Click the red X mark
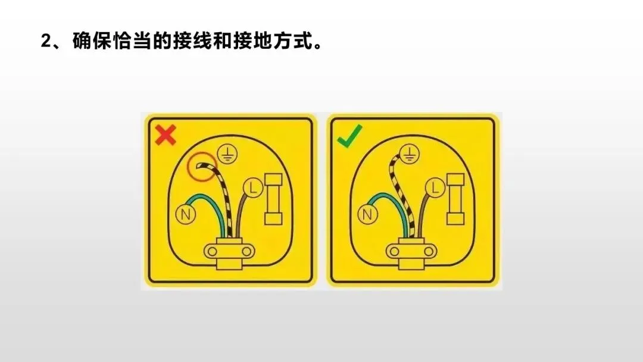pos(166,135)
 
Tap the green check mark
pos(349,136)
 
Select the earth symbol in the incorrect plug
pos(227,154)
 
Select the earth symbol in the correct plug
pos(409,154)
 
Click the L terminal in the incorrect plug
pos(254,188)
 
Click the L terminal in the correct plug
pos(435,188)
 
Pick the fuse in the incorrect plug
pos(273,199)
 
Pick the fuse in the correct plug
pos(455,199)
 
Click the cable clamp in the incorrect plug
pos(229,254)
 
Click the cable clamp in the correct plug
pos(411,254)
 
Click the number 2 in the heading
pos(45,41)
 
